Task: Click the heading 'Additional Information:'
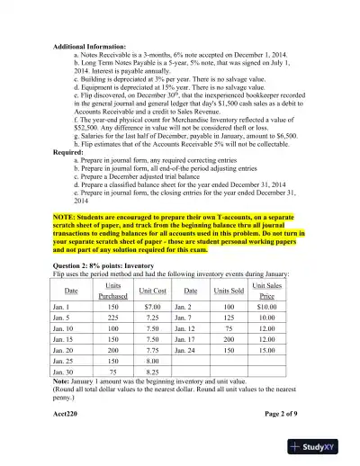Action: point(90,43)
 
